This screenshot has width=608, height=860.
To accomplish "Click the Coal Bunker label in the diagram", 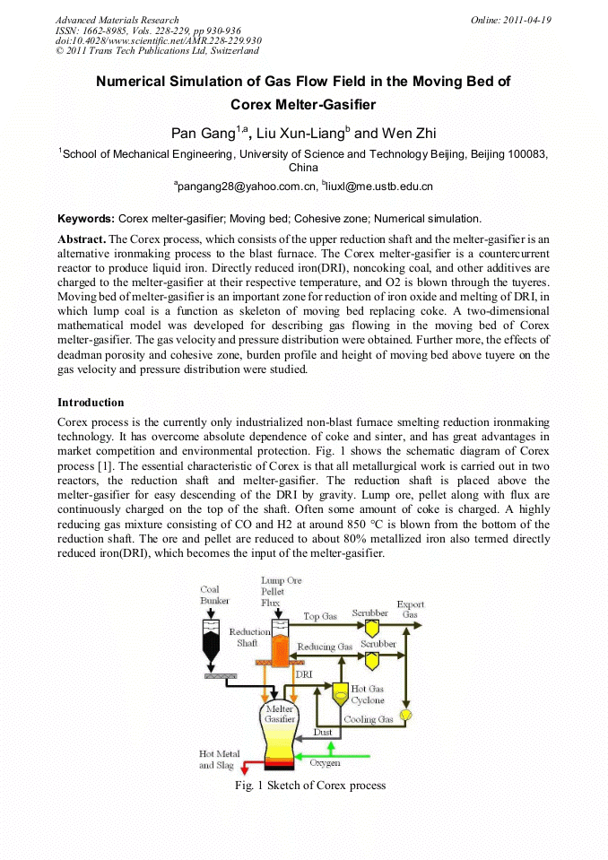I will pos(214,595).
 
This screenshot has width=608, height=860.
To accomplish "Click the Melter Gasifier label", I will pos(280,714).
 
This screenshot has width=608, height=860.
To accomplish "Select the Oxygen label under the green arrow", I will pos(325,763).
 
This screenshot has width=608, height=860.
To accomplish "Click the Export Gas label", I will pos(411,609).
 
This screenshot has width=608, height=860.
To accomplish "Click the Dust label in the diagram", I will pos(322,733).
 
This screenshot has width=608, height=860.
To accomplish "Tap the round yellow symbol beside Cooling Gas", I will pos(404,715).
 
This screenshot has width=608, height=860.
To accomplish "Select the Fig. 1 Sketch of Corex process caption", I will pos(310,786).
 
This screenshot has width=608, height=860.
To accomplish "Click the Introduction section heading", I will pos(91,402).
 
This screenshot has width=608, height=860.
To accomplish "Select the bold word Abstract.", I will pos(81,239).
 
